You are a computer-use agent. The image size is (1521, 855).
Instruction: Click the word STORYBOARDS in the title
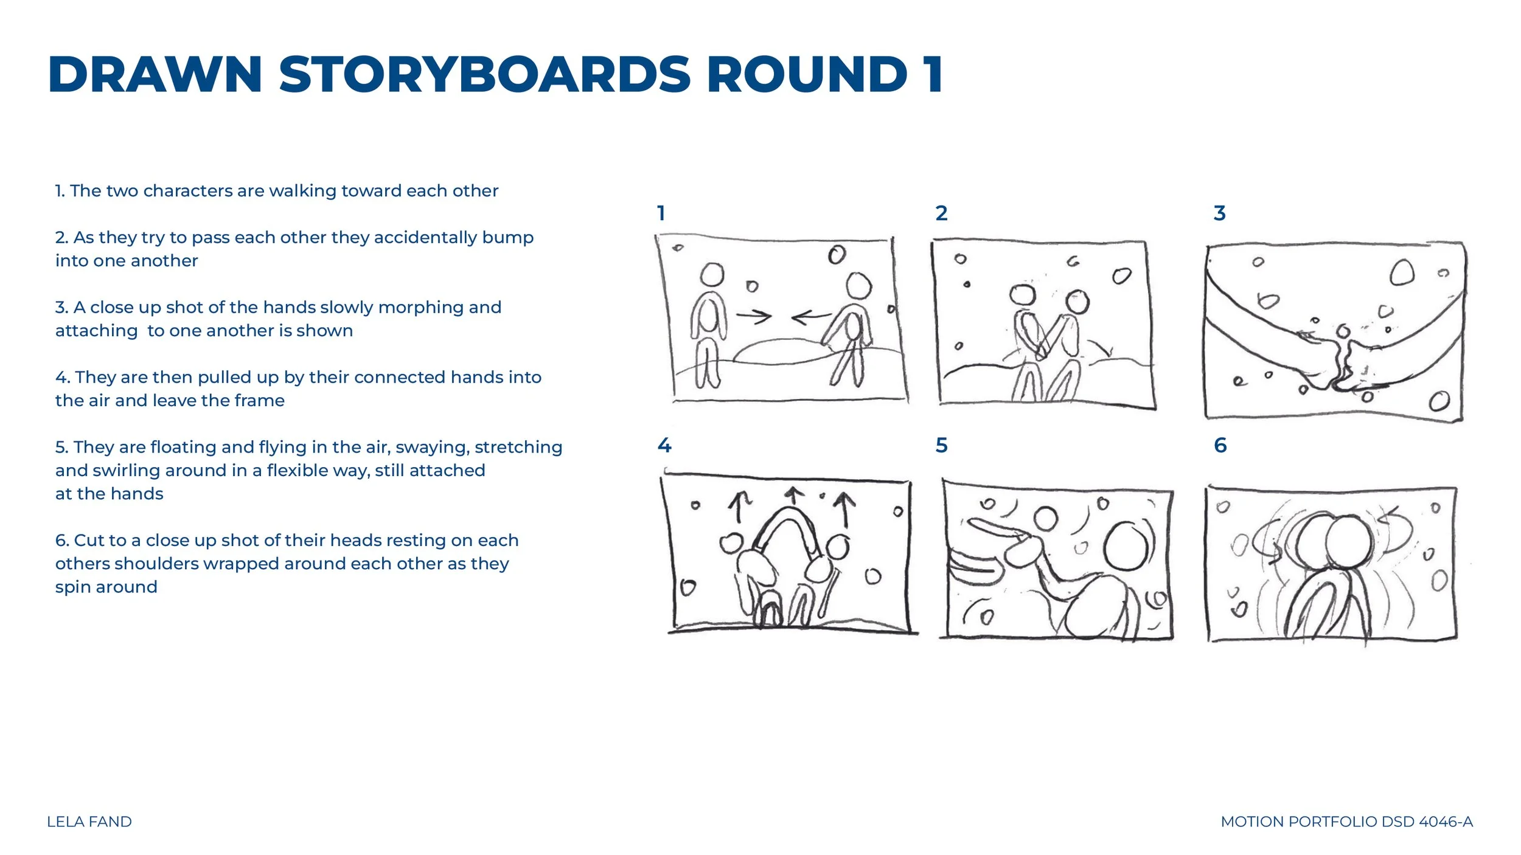(485, 74)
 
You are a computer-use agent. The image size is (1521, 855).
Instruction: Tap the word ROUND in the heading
(807, 74)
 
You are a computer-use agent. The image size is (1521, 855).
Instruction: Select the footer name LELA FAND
(89, 822)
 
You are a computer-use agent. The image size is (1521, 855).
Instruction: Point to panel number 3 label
(1219, 213)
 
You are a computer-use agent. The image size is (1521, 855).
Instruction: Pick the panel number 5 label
(941, 445)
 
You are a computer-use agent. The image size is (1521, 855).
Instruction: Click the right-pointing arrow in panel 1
(754, 316)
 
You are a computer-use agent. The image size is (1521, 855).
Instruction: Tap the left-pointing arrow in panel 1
(811, 316)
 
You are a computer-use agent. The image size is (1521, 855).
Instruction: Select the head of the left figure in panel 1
(712, 275)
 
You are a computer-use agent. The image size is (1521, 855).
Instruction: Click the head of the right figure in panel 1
(859, 286)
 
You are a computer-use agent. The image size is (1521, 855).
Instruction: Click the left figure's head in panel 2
(1023, 295)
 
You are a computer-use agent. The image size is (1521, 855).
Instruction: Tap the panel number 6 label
(1220, 445)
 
